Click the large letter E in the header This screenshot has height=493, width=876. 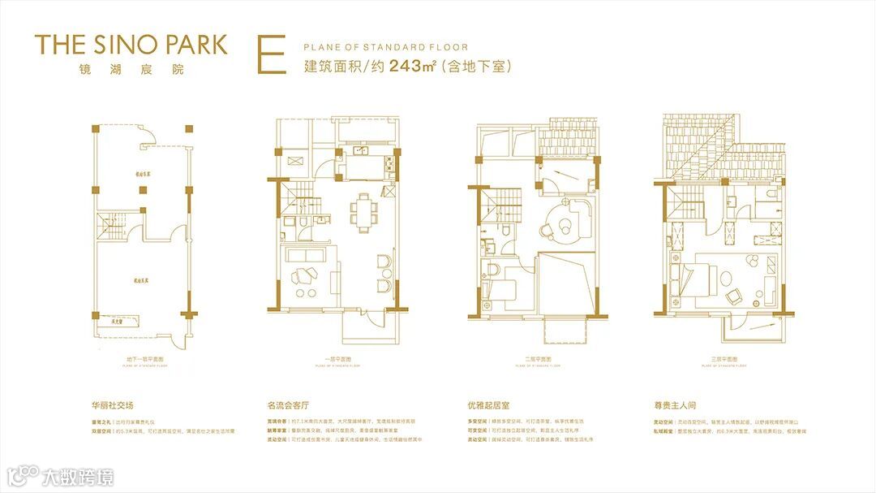(270, 55)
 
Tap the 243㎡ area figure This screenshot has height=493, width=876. (413, 67)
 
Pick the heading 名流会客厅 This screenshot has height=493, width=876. (289, 404)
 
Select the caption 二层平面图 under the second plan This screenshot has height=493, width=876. (537, 358)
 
